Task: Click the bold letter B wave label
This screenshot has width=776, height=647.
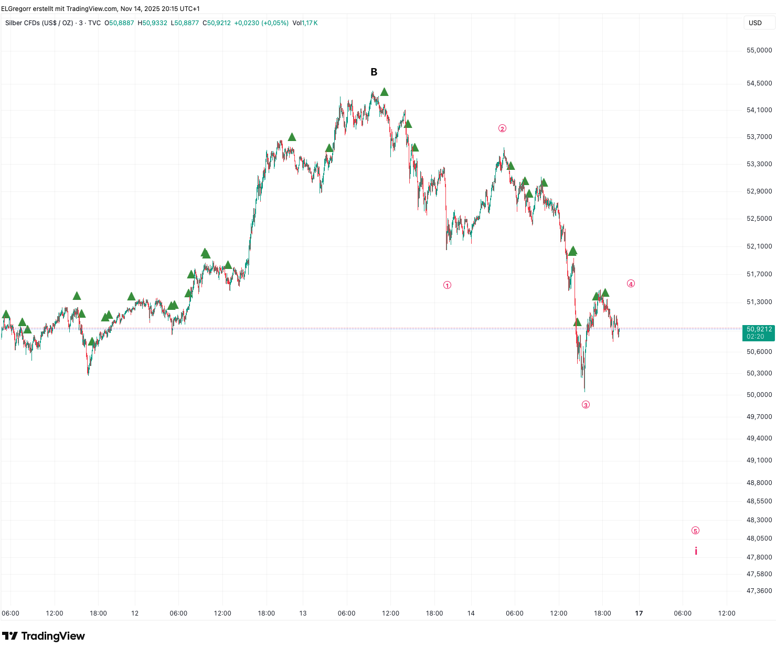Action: tap(374, 72)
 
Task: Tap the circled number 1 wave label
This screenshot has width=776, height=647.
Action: tap(447, 285)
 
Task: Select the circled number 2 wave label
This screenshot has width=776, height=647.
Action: tap(502, 128)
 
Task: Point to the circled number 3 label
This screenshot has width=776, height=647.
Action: tap(586, 405)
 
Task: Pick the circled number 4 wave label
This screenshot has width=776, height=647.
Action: tap(631, 284)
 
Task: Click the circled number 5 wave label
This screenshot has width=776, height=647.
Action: tap(695, 531)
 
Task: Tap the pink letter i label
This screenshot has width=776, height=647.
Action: tap(696, 551)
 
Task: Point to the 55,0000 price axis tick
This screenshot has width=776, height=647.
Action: tap(759, 50)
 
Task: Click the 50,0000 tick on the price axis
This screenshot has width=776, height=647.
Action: tap(759, 395)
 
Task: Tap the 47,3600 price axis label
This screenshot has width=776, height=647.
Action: tap(759, 591)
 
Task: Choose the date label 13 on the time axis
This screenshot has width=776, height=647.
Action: tap(303, 613)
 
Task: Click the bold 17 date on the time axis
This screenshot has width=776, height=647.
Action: tap(639, 613)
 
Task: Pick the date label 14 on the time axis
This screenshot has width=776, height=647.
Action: tap(471, 613)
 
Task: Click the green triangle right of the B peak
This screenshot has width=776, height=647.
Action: tap(384, 92)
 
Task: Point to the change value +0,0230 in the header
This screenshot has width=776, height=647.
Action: tap(247, 23)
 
